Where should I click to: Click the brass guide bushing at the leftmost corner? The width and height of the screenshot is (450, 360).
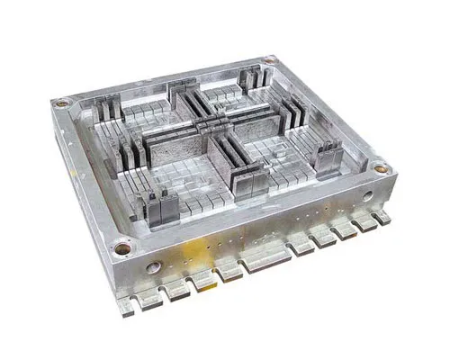pyautogui.click(x=61, y=103)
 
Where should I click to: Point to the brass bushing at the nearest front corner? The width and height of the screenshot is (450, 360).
pyautogui.click(x=121, y=243)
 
